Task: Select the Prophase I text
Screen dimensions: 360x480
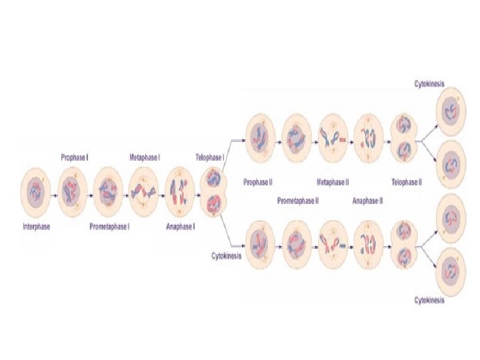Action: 75,158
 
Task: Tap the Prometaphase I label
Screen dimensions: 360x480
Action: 109,227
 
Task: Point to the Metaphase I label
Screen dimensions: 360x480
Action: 145,158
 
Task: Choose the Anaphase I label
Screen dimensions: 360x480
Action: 180,227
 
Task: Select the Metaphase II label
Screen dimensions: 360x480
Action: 333,181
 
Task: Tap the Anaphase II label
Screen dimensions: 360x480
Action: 367,200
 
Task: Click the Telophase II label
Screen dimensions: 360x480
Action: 406,181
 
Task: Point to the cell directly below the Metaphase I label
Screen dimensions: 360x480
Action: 145,193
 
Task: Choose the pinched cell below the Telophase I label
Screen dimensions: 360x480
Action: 215,191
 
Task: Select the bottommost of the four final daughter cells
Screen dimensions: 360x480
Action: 451,268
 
